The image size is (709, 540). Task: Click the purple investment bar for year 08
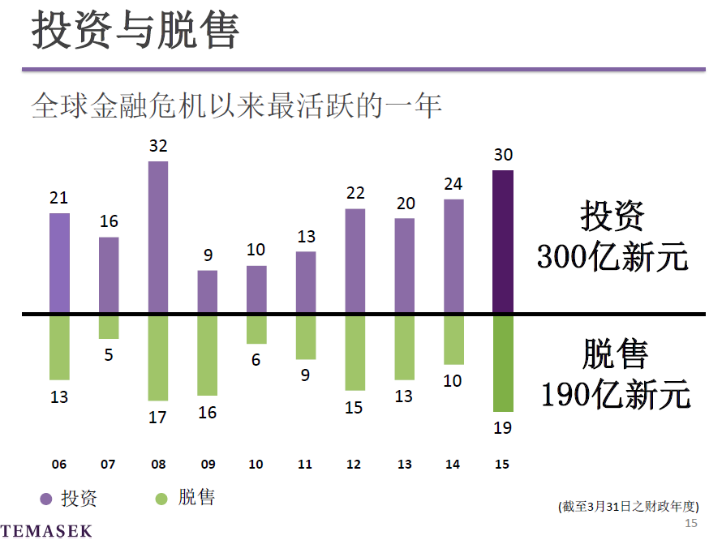point(158,237)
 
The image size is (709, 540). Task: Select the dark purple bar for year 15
point(503,242)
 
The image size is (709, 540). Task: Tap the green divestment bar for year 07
point(109,327)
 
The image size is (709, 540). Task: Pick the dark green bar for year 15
point(503,362)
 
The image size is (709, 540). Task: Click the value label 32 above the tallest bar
point(158,146)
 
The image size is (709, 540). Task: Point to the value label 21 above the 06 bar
point(58,198)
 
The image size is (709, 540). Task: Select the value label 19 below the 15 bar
point(503,427)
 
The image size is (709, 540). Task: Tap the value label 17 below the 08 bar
point(157,417)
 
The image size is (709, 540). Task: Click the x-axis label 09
point(208,465)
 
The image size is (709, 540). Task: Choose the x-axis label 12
point(354,465)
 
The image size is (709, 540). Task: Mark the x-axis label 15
point(502,465)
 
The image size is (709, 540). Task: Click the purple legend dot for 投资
point(45,499)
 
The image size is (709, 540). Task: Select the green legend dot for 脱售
point(162,499)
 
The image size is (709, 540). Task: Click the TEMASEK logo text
point(46,531)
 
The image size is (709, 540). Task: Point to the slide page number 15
point(691,523)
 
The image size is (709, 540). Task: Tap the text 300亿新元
point(612,258)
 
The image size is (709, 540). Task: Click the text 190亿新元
point(616,395)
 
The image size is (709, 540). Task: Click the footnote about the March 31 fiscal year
point(629,506)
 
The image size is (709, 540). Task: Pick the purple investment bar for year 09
point(208,292)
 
